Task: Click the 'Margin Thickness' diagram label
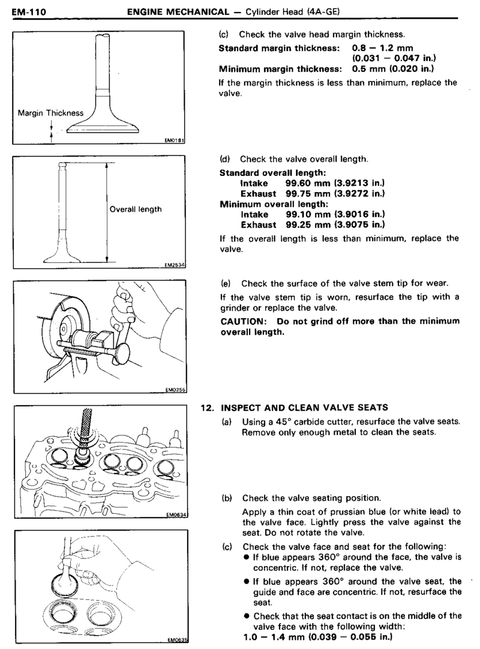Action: [50, 113]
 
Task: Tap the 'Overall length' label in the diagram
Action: [136, 210]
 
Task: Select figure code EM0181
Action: [174, 141]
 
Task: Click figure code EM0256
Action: [173, 390]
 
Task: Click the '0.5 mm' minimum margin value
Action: [361, 68]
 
